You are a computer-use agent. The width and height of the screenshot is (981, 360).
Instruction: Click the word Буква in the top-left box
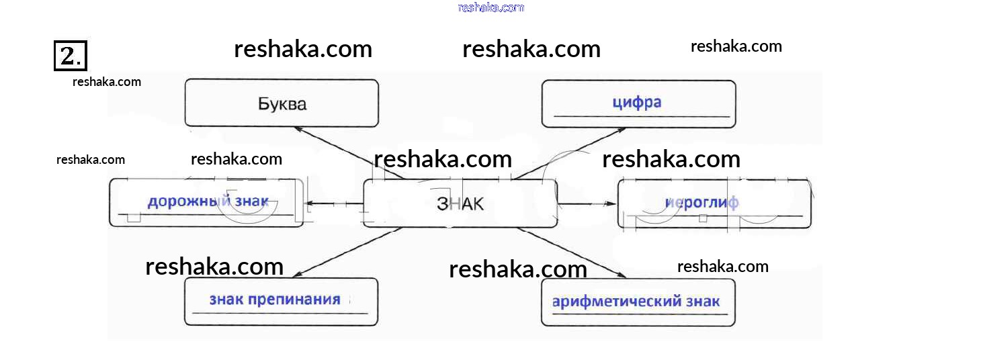(x=282, y=104)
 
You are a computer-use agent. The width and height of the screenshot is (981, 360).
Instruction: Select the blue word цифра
(x=636, y=102)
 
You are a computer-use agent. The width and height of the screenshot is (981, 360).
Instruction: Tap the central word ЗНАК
(x=460, y=204)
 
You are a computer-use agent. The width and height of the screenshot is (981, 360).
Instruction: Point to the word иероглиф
(x=701, y=202)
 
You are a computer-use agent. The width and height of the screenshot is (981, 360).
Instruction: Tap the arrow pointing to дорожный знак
(x=333, y=204)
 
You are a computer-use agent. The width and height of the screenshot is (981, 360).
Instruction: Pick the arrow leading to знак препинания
(x=346, y=252)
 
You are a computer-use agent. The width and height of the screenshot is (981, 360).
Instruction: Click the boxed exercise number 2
(x=70, y=55)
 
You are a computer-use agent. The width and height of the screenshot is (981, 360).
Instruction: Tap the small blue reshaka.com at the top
(x=491, y=7)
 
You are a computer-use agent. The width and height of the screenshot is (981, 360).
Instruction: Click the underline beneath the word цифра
(x=642, y=117)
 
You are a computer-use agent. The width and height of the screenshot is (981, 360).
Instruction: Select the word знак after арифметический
(x=703, y=301)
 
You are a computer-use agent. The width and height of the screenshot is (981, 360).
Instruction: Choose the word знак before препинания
(x=226, y=300)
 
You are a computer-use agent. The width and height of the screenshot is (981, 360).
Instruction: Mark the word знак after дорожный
(x=251, y=201)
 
